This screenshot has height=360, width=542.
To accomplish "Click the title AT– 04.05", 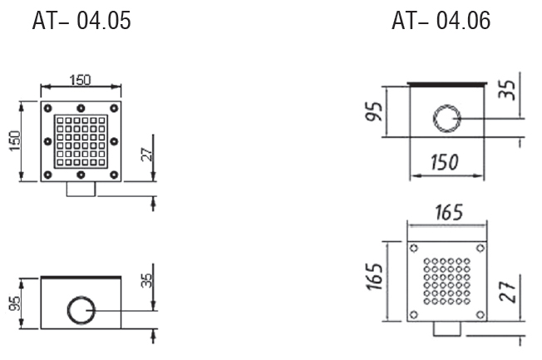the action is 81,21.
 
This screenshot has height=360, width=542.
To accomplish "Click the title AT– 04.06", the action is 441,21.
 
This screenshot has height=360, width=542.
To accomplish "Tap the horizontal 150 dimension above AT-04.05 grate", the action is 80,80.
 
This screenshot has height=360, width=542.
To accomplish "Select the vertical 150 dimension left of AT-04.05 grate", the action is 15,141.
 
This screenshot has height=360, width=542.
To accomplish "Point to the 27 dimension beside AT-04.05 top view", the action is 147,155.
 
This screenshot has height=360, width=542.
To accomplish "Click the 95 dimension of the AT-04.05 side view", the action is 14,303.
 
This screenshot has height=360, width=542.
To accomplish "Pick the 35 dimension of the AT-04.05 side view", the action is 146,280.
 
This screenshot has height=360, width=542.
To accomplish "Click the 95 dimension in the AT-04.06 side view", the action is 374,111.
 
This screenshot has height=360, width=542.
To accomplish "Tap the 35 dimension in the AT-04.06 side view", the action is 507,90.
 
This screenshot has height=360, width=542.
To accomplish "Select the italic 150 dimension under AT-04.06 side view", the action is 445,162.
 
